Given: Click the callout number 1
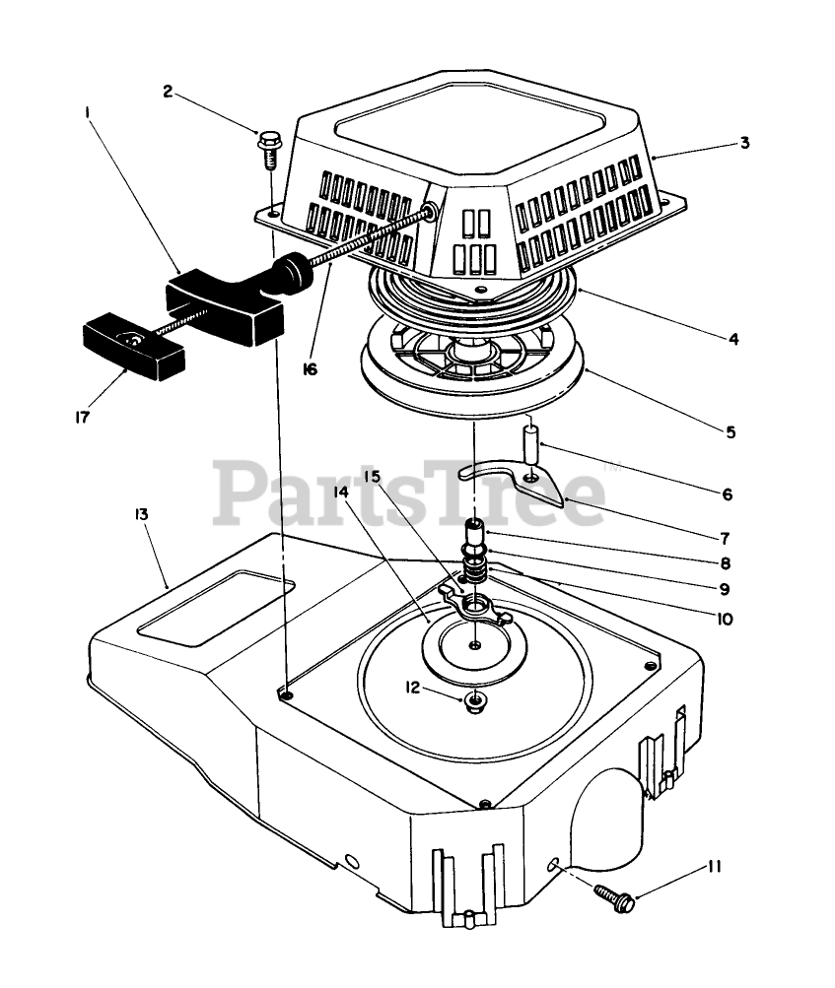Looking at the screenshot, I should [x=88, y=114].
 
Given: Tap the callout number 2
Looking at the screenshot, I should [x=168, y=92].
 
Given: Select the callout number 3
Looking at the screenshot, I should [x=745, y=143].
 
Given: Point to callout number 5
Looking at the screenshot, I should [x=730, y=431].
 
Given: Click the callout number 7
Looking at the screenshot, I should [x=725, y=538].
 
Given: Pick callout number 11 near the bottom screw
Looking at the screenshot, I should [x=714, y=867].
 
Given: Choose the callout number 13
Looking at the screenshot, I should [x=141, y=515].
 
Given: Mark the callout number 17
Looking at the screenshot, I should [x=82, y=417].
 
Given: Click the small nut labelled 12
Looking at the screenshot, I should [x=475, y=700].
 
